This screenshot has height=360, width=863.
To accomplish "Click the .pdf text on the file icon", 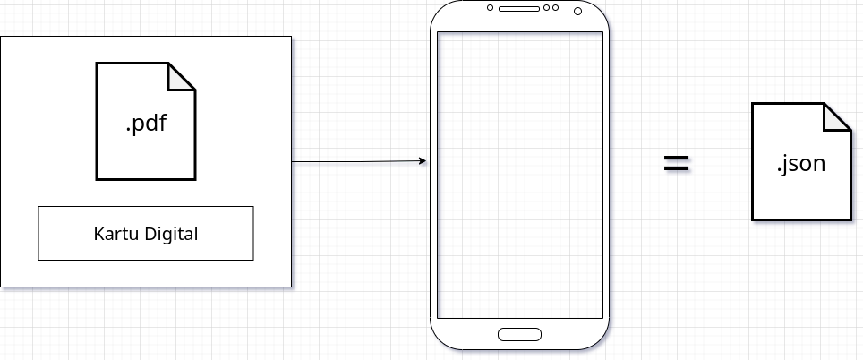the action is click(146, 124).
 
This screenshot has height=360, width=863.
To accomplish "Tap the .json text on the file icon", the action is click(800, 165).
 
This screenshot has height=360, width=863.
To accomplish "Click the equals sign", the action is click(676, 163).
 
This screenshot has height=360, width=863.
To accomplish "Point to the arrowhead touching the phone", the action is click(423, 161).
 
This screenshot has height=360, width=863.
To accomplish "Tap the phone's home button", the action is click(519, 335).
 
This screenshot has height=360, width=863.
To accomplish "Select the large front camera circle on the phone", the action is click(577, 11).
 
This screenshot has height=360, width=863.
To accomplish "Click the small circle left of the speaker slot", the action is click(491, 8).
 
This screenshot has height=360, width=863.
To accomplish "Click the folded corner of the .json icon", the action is click(837, 116).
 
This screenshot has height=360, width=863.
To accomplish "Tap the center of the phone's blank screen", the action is click(519, 175).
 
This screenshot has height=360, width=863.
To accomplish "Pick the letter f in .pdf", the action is click(162, 123).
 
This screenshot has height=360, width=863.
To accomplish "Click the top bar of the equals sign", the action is click(676, 157).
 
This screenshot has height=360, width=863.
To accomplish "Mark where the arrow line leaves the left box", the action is click(293, 162).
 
